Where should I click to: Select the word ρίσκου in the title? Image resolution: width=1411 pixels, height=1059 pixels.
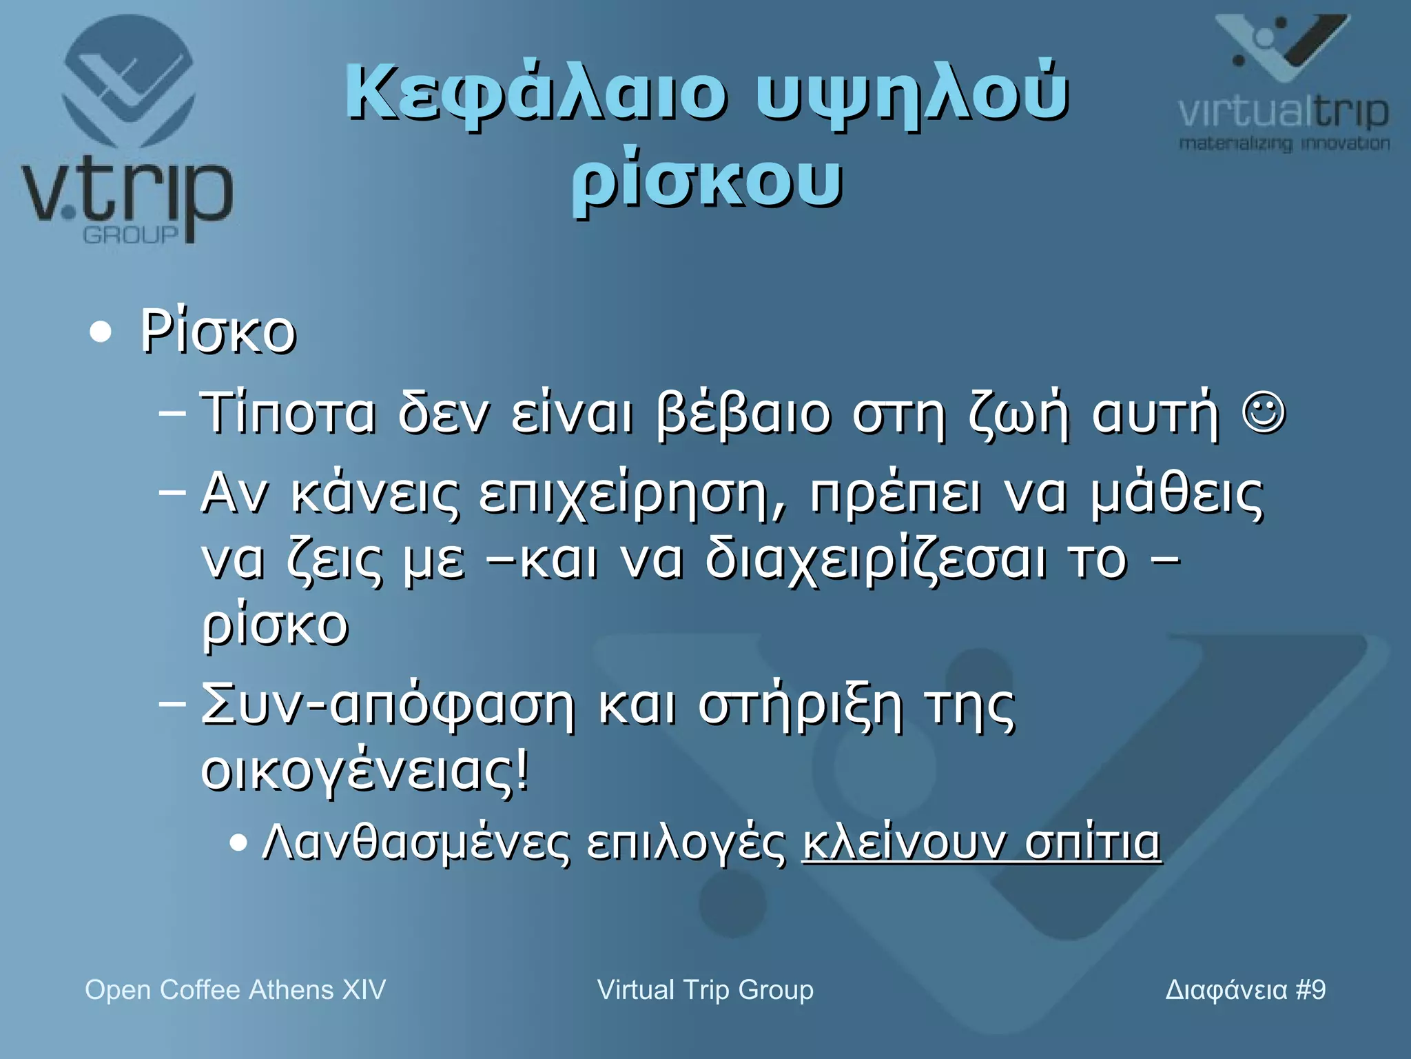click(x=707, y=181)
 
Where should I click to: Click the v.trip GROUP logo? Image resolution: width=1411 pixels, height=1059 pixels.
click(x=127, y=131)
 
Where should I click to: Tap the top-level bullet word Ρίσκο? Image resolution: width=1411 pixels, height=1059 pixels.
click(x=218, y=332)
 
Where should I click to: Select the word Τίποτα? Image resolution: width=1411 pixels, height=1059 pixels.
click(x=288, y=414)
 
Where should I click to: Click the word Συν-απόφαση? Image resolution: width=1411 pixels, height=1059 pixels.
click(x=387, y=706)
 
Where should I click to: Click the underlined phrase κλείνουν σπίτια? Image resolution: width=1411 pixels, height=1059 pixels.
click(x=981, y=843)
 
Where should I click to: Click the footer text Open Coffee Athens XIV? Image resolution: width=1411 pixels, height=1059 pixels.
click(x=235, y=990)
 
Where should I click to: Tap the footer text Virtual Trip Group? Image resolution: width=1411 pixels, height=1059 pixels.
click(x=705, y=990)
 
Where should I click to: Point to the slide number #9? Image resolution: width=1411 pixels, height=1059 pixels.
click(x=1310, y=990)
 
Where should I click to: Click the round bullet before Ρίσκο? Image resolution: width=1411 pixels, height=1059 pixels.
click(x=101, y=332)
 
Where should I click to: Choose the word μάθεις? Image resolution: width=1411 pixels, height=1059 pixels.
click(x=1177, y=494)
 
